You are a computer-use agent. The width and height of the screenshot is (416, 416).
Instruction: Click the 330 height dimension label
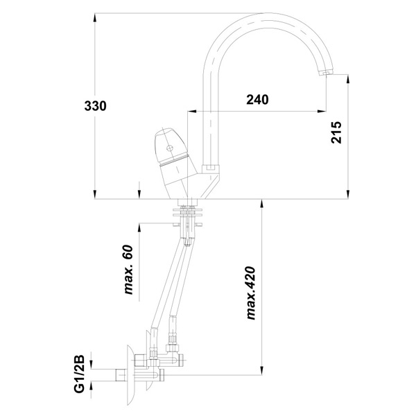[x=95, y=106]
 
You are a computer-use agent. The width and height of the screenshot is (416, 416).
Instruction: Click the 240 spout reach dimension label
[x=257, y=99]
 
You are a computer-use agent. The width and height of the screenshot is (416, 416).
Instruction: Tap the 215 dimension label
[x=336, y=132]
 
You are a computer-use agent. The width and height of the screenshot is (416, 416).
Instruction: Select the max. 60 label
[x=128, y=270]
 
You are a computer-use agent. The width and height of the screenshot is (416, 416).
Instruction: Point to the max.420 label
[x=250, y=293]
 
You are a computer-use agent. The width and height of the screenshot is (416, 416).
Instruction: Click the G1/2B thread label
[x=79, y=374]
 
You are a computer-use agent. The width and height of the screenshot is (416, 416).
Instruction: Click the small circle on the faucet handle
[x=169, y=148]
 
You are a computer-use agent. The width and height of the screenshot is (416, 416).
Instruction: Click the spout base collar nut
[x=211, y=169]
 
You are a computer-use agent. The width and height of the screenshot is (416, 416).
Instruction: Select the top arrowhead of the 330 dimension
[x=95, y=18]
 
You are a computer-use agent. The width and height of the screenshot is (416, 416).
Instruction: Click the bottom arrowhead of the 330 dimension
[x=95, y=194]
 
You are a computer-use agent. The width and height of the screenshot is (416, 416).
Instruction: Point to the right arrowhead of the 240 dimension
[x=321, y=111]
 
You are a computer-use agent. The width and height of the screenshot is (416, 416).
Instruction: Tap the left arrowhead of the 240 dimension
[x=192, y=111]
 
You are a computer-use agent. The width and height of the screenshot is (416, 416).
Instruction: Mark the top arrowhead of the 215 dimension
[x=348, y=79]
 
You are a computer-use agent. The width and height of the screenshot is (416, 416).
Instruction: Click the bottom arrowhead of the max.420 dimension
[x=262, y=370]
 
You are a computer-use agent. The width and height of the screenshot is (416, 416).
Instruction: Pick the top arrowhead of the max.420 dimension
[x=262, y=204]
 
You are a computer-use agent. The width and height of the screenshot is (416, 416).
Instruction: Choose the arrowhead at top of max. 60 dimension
[x=139, y=228]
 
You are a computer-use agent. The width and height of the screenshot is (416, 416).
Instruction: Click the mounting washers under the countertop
[x=188, y=212]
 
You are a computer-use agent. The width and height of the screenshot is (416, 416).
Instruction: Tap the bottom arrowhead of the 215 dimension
[x=348, y=194]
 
